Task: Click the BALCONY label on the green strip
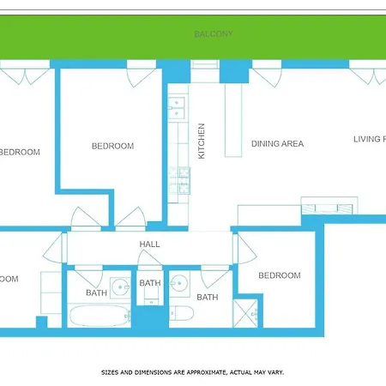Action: tap(214, 34)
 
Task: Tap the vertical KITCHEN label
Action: tap(202, 142)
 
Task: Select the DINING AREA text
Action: tap(277, 144)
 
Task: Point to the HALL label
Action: tap(150, 244)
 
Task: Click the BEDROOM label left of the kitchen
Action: tap(112, 147)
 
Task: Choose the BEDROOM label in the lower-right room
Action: tap(280, 275)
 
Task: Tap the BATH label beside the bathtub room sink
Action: tap(96, 293)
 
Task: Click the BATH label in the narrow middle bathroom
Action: tap(150, 283)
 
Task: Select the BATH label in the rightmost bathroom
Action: tap(208, 298)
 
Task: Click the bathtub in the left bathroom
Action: tap(99, 316)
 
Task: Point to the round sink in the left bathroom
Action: tap(118, 286)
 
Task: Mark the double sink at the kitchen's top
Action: tap(178, 108)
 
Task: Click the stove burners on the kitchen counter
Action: tap(183, 179)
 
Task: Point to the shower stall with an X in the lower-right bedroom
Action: tap(248, 311)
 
